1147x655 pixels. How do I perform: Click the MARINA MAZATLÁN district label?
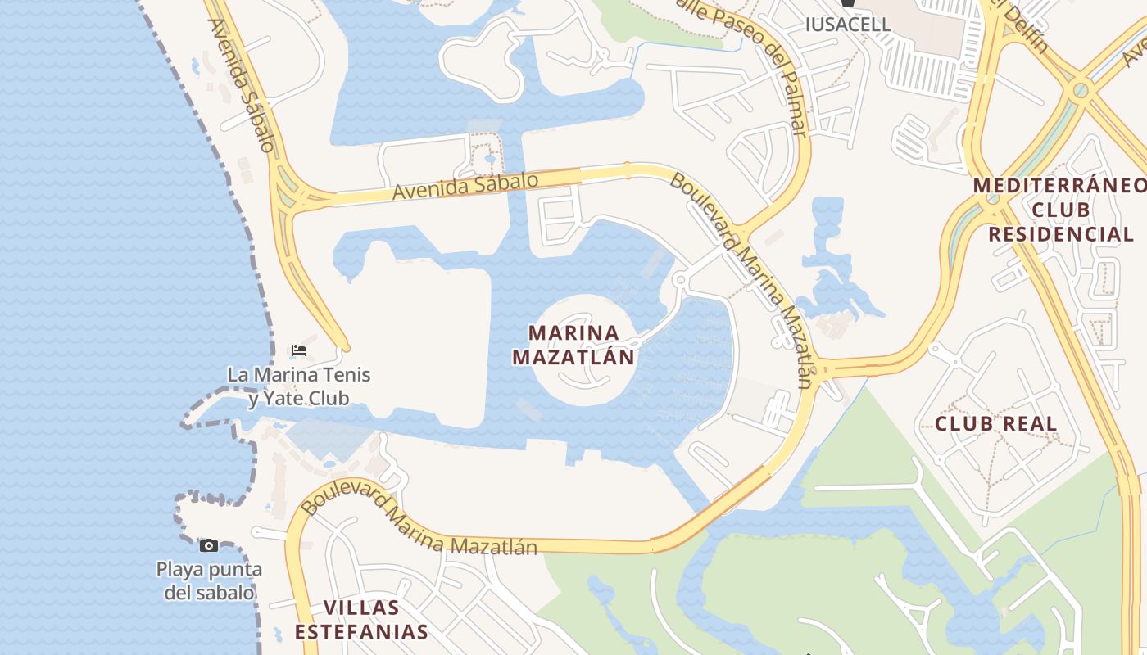coord(573,345)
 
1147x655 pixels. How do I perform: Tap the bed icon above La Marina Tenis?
coord(299,350)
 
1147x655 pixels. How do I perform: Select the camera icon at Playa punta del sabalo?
coord(209,545)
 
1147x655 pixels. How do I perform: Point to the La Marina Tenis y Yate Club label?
coord(299,386)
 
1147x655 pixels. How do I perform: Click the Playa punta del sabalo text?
coord(209,580)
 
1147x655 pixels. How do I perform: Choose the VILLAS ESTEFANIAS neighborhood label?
coord(361,620)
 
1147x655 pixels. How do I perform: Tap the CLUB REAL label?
coord(996,424)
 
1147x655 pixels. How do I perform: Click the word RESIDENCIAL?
coord(1061,235)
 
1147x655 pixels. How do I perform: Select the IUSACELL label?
coord(847,25)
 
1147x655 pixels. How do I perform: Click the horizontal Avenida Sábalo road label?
coord(465,186)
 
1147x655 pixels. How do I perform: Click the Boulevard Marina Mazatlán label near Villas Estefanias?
coord(418,522)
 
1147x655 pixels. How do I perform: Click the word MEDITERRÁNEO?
coord(1060,186)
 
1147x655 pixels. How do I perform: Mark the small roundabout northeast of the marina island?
coord(679,280)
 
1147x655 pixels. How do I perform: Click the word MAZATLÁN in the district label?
coord(573,357)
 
